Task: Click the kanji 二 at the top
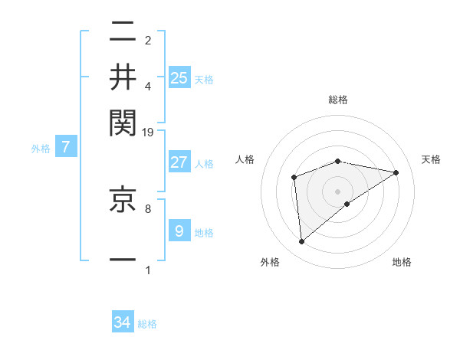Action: pyautogui.click(x=123, y=34)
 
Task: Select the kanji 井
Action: pyautogui.click(x=123, y=77)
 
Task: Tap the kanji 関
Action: pyautogui.click(x=123, y=120)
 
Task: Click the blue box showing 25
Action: pyautogui.click(x=179, y=77)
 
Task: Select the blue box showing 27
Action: pyautogui.click(x=179, y=162)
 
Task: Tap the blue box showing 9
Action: pyautogui.click(x=179, y=231)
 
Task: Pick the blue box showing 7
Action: pyautogui.click(x=66, y=147)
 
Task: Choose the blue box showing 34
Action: pyautogui.click(x=123, y=322)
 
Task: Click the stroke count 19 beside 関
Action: pyautogui.click(x=148, y=132)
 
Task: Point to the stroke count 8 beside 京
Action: pyautogui.click(x=148, y=207)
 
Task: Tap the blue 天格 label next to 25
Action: pyautogui.click(x=203, y=79)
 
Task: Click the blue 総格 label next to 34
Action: pyautogui.click(x=147, y=324)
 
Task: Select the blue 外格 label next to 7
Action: pyautogui.click(x=40, y=149)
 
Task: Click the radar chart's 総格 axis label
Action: pyautogui.click(x=338, y=100)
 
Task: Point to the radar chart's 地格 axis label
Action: pyautogui.click(x=402, y=263)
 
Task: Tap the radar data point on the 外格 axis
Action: pyautogui.click(x=302, y=242)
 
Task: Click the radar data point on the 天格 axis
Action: pyautogui.click(x=396, y=172)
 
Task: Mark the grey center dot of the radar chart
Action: pyautogui.click(x=338, y=190)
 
